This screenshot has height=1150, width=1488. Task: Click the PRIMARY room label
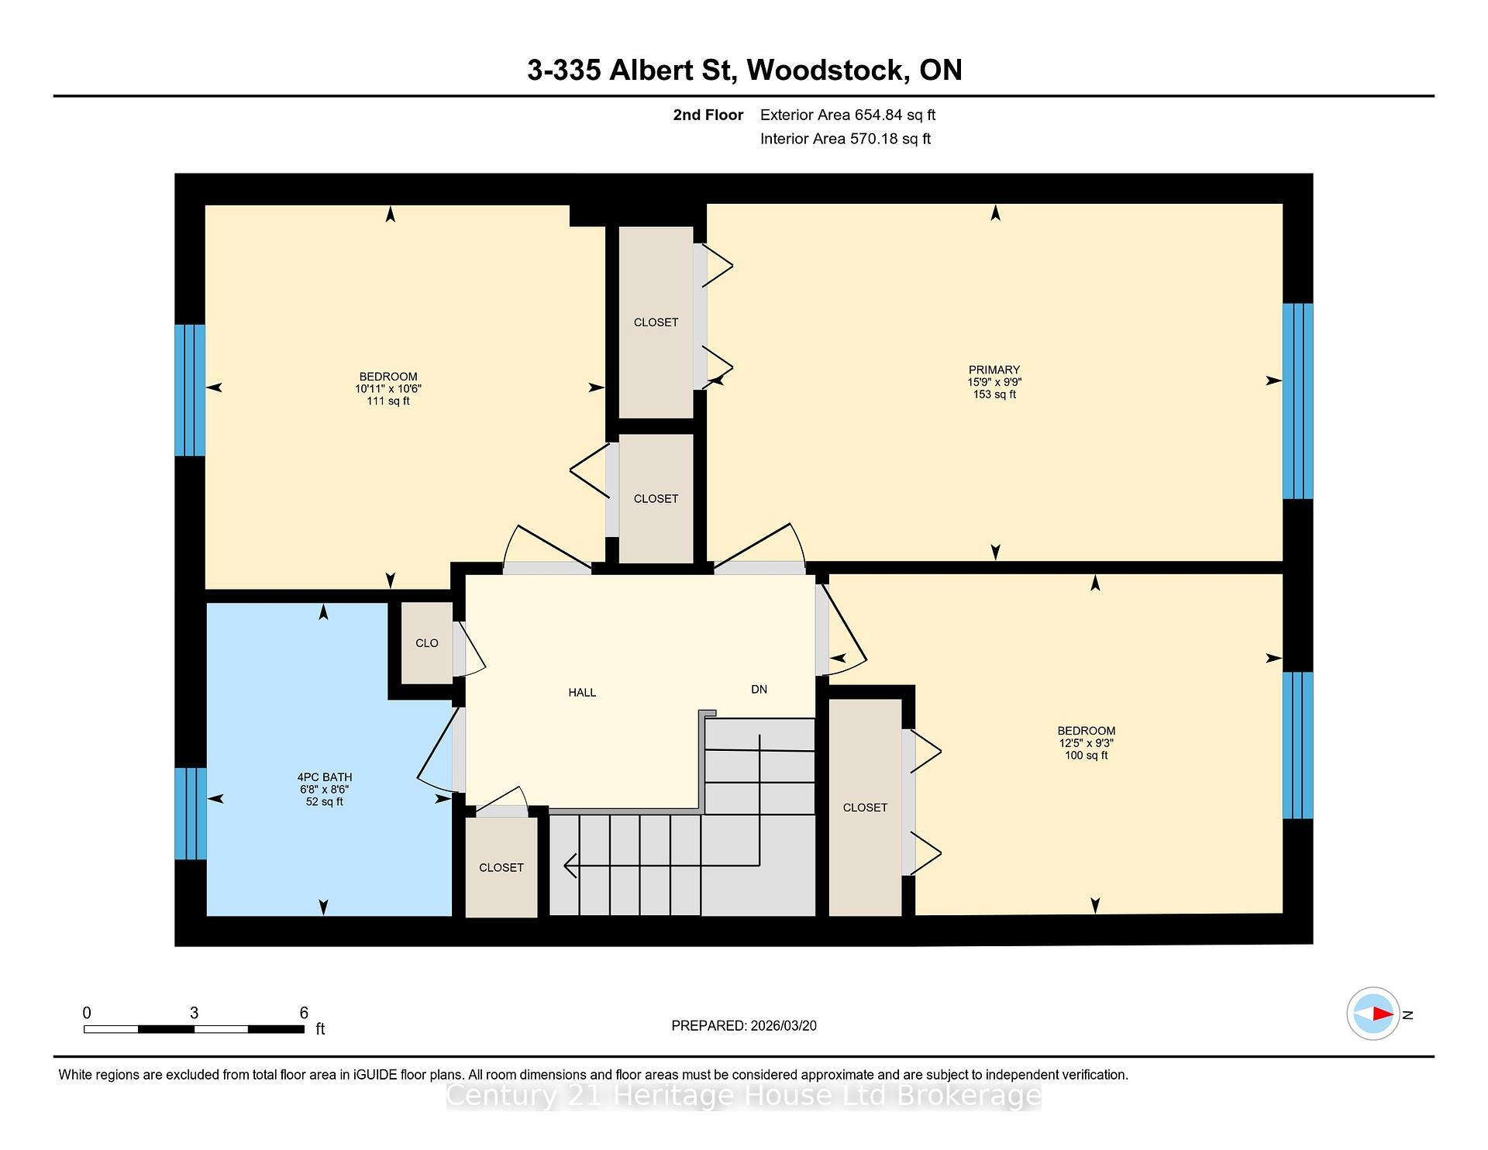click(x=994, y=370)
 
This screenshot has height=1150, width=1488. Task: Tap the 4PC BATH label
click(x=324, y=777)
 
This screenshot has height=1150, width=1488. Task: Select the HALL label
click(x=582, y=693)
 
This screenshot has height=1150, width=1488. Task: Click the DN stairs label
click(x=759, y=689)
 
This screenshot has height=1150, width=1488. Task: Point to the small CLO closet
click(x=426, y=643)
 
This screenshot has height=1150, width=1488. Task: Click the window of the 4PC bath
click(x=190, y=814)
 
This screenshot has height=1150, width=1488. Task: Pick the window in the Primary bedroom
click(x=1297, y=401)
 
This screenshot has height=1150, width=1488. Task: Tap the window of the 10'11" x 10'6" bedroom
click(x=190, y=390)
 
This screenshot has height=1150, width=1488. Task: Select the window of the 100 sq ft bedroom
click(x=1297, y=745)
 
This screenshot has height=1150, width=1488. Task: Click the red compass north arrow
click(x=1382, y=1014)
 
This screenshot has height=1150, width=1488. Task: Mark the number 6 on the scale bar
click(x=304, y=1013)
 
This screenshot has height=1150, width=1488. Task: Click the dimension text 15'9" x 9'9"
click(x=994, y=382)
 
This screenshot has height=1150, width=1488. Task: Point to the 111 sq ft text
click(x=388, y=401)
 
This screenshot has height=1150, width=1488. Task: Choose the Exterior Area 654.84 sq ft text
click(x=847, y=115)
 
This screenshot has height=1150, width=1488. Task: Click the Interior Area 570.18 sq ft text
click(x=845, y=139)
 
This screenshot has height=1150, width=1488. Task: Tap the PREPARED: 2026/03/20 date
click(x=743, y=1025)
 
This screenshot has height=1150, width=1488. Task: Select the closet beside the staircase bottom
click(x=501, y=868)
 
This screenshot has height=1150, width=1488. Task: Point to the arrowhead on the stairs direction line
click(x=570, y=866)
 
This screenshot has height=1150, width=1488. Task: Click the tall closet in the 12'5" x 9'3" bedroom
click(x=865, y=807)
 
